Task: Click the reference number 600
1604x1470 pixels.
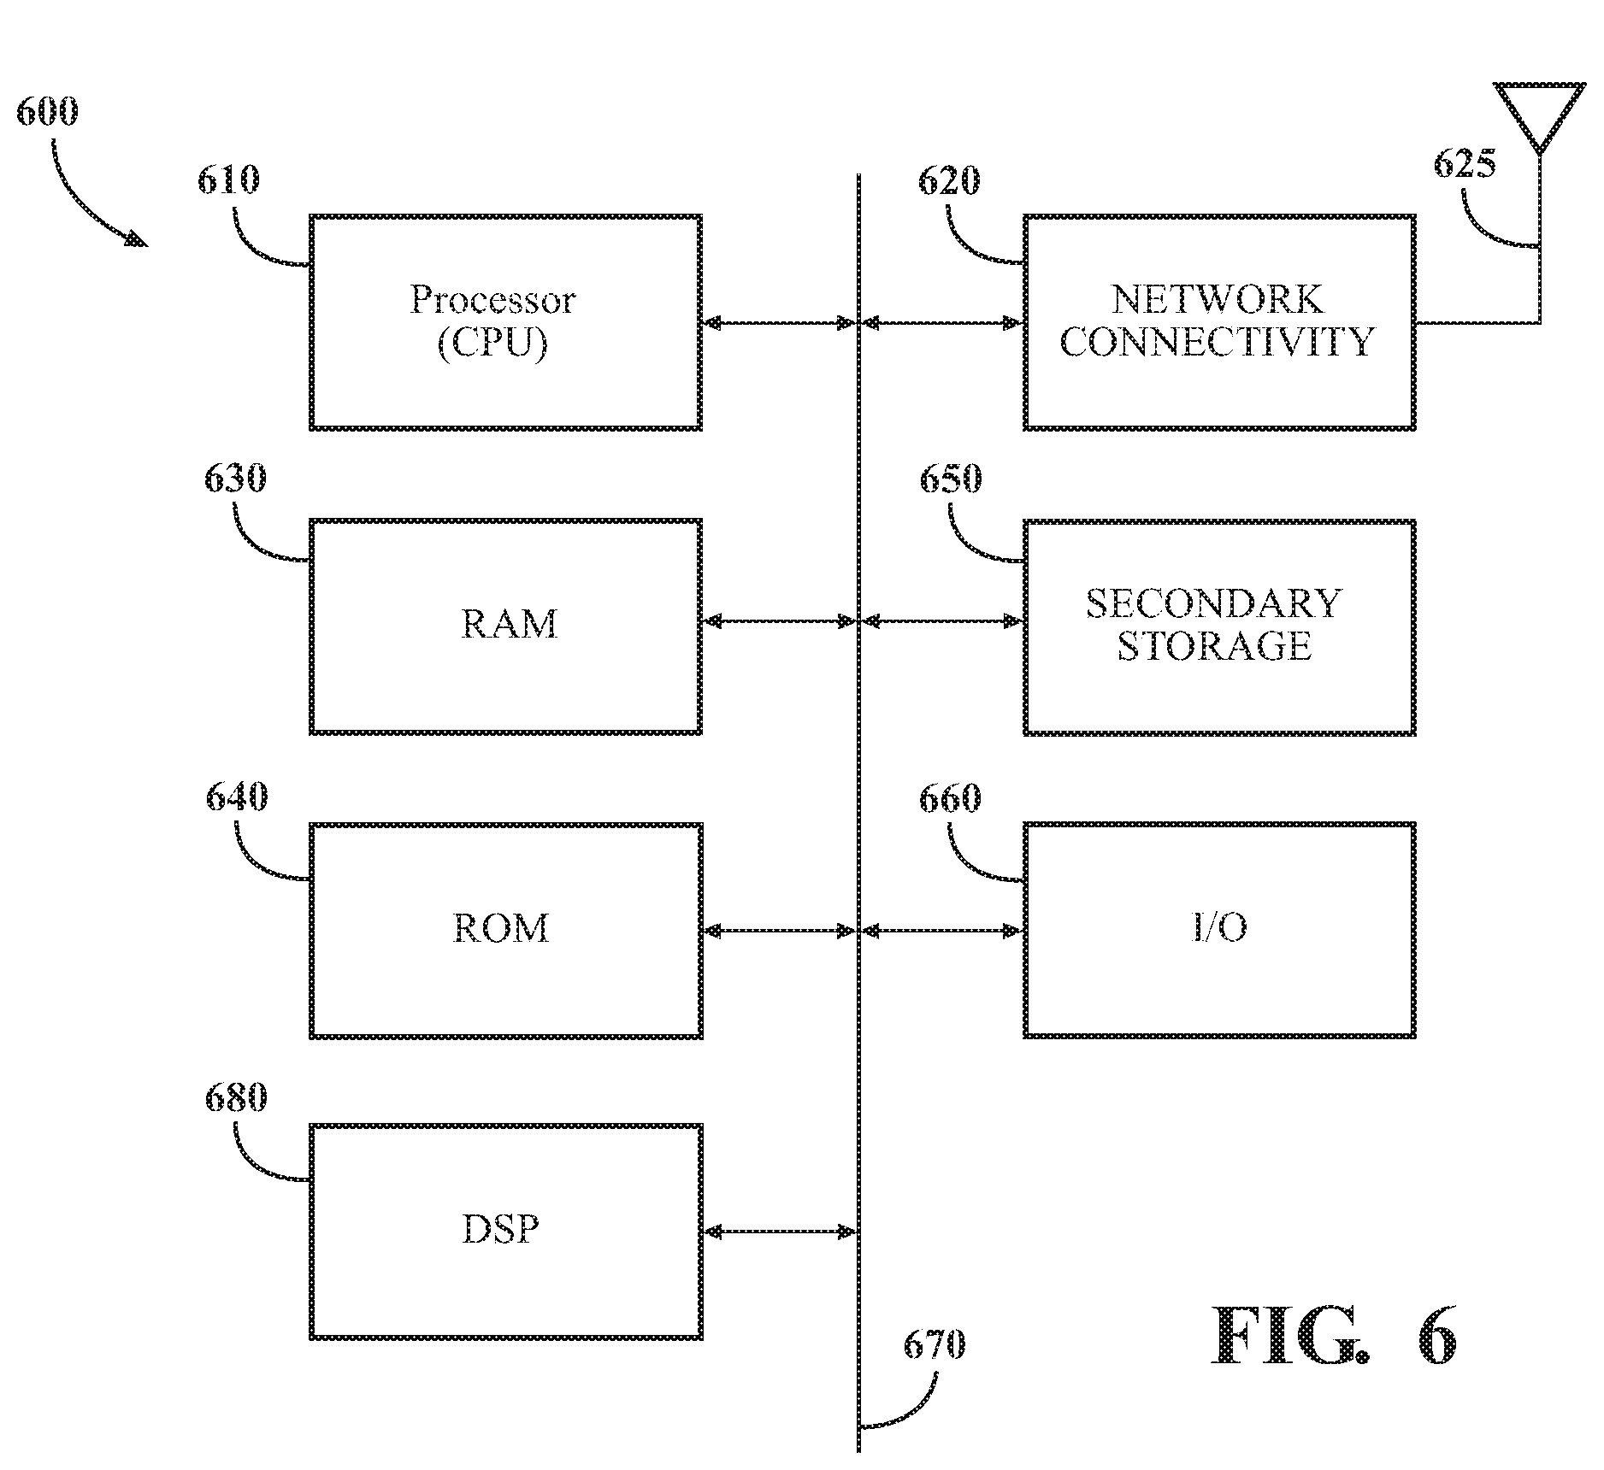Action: [47, 112]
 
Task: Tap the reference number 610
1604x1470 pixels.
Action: [228, 180]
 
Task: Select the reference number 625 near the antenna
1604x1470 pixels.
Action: [1465, 163]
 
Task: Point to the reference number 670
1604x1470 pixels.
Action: [935, 1345]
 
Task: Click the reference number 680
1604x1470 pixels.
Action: [236, 1097]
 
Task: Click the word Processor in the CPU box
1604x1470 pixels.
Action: [492, 299]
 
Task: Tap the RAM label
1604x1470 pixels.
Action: [509, 624]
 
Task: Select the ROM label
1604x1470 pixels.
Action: [501, 928]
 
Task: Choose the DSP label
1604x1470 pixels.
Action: [501, 1230]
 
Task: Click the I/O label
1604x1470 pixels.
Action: [1219, 928]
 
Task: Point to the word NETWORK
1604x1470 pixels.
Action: [1217, 299]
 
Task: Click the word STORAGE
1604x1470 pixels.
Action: [1215, 646]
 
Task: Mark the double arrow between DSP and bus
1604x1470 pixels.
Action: [779, 1232]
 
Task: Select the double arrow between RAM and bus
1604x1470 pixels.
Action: [779, 621]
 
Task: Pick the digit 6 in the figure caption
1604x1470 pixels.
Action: [1436, 1337]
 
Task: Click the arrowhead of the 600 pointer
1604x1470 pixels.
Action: [137, 239]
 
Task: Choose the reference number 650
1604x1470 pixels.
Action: [950, 479]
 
